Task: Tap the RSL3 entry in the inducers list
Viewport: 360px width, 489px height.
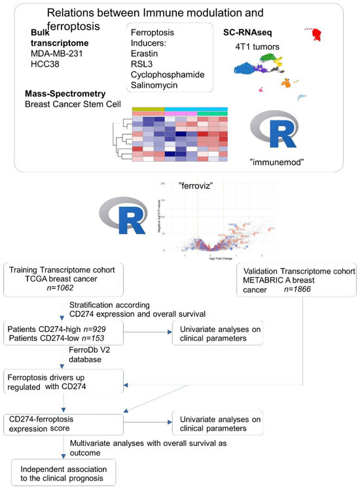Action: pyautogui.click(x=145, y=64)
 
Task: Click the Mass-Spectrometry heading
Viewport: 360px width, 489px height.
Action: pyautogui.click(x=69, y=95)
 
